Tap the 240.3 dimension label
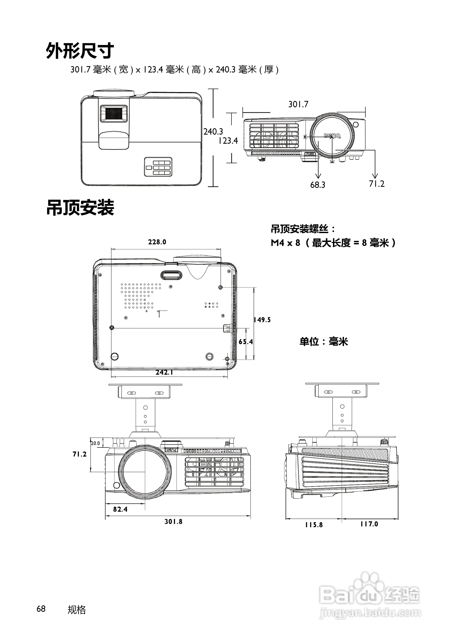tap(213, 131)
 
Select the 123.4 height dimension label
tap(228, 140)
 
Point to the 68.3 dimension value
tap(317, 185)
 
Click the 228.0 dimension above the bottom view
tap(157, 242)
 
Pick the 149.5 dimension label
tap(262, 320)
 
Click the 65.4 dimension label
tap(246, 341)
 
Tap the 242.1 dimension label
tap(164, 372)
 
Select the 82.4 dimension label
tap(120, 509)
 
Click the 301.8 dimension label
tap(173, 522)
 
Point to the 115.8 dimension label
tap(314, 525)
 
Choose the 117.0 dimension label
tap(369, 524)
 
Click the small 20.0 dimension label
tap(95, 443)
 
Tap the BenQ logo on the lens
tap(332, 136)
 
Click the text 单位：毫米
tap(324, 341)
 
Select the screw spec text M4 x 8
tap(286, 243)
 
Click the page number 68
tap(41, 609)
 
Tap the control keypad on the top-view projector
tap(158, 167)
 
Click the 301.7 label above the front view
tap(298, 104)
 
